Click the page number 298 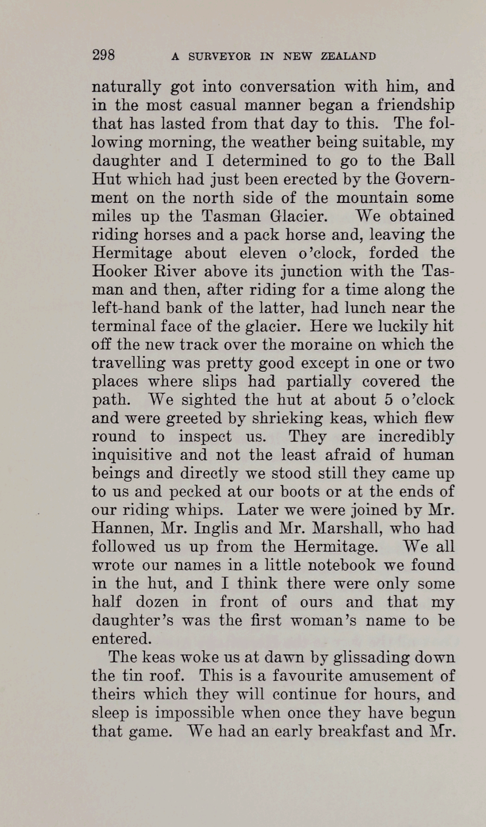[x=103, y=55]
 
